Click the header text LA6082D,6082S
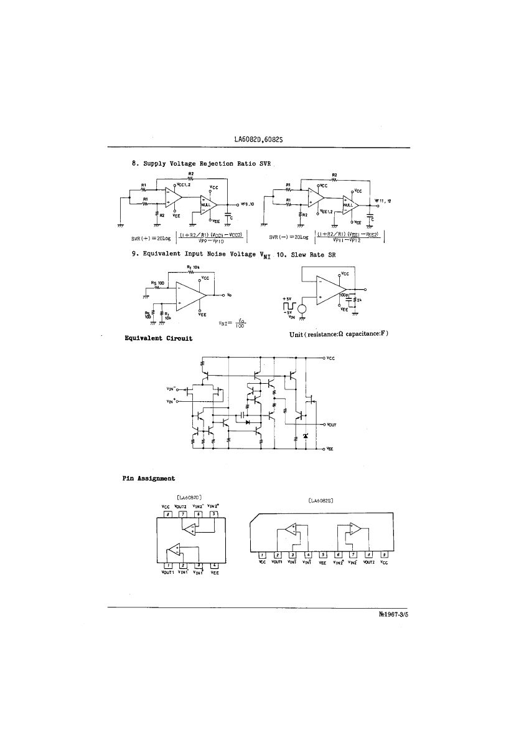[260, 140]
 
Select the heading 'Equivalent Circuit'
[158, 338]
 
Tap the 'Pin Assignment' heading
[148, 478]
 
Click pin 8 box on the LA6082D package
[167, 514]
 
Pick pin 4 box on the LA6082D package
[213, 566]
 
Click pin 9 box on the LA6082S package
[384, 554]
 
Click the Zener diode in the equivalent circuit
[305, 435]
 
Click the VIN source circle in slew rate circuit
[302, 308]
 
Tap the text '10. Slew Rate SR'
[306, 255]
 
